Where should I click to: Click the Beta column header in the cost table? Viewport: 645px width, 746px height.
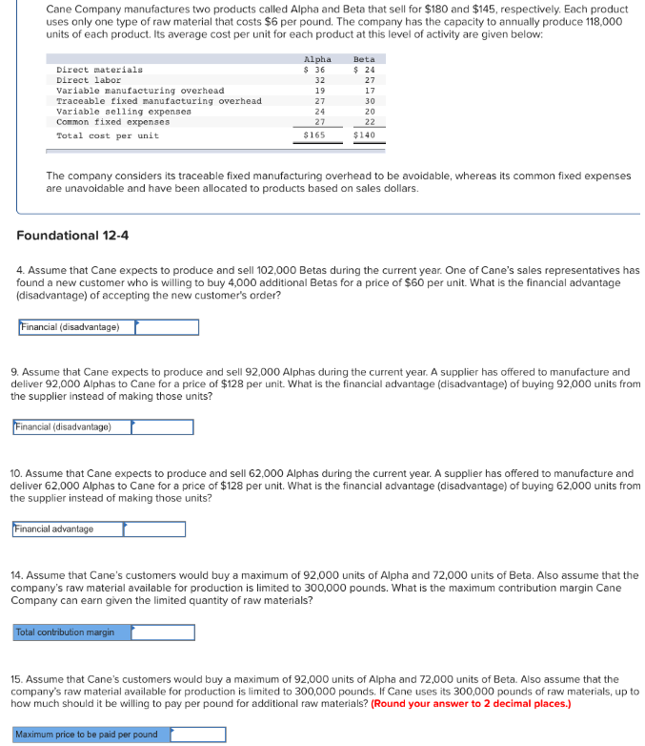[364, 59]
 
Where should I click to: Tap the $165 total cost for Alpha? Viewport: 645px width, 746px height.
[313, 135]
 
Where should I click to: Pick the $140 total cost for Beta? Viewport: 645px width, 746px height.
[364, 135]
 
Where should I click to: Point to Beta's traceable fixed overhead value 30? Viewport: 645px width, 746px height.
[369, 101]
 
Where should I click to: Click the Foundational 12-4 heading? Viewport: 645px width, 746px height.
[73, 236]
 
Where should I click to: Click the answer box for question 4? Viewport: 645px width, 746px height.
[167, 327]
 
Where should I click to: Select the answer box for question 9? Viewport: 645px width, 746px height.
[162, 426]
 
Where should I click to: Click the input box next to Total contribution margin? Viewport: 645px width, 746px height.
[163, 632]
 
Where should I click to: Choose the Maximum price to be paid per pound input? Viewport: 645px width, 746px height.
[198, 735]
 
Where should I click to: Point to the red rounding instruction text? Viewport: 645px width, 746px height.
[472, 704]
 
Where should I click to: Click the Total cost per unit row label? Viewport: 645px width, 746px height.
[108, 135]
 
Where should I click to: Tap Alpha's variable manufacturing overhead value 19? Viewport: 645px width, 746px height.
[319, 91]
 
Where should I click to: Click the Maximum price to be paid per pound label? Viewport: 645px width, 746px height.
[87, 735]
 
